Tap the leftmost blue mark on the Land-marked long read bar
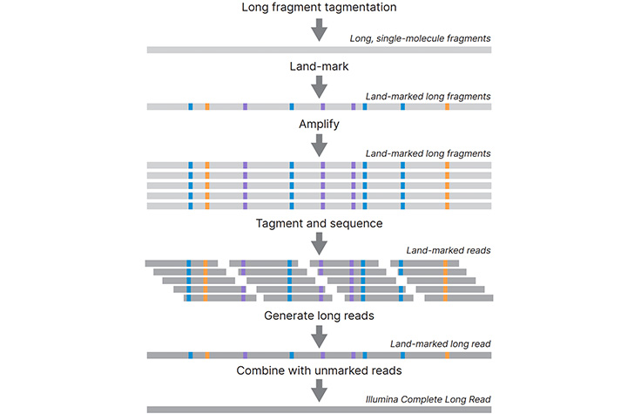190,356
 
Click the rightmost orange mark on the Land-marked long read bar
447,356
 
